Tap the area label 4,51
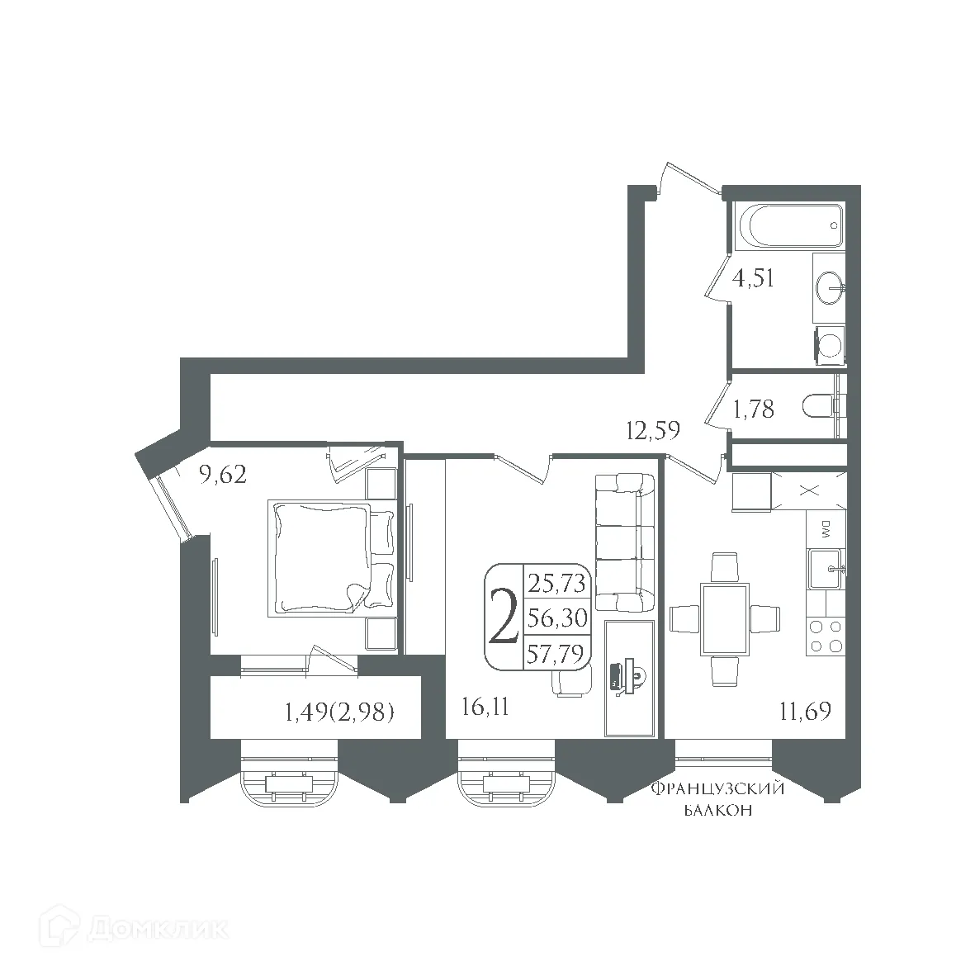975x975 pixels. coord(754,278)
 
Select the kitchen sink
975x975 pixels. coord(826,569)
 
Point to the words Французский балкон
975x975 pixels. coord(717,800)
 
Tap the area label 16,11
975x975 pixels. coord(483,709)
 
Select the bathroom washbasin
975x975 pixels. coord(828,289)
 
